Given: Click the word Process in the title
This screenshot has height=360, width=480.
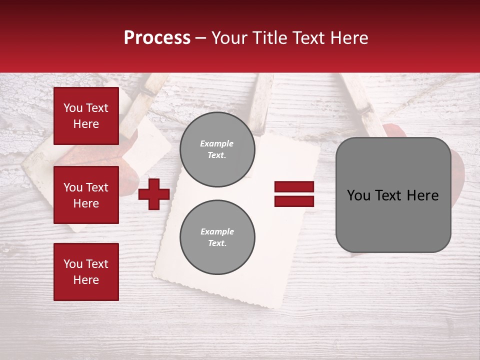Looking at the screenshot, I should click(x=157, y=38).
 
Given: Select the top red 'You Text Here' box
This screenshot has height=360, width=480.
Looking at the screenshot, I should click(x=86, y=116).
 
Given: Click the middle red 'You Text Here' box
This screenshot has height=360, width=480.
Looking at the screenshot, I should click(x=86, y=195).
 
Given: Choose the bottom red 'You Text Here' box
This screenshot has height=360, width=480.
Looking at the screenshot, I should click(x=86, y=271).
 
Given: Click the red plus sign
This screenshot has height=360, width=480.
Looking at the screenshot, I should click(x=154, y=194).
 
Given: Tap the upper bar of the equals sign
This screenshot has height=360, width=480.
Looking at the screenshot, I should click(x=294, y=187).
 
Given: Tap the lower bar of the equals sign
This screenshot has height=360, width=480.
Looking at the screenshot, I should click(x=294, y=201).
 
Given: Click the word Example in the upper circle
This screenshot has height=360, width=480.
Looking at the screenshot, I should click(x=216, y=143).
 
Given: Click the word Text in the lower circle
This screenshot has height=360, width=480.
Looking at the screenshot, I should click(x=216, y=243).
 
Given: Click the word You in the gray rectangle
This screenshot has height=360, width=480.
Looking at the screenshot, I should click(x=359, y=195).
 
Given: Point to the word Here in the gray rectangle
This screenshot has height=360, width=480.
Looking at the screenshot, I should click(x=422, y=195).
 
